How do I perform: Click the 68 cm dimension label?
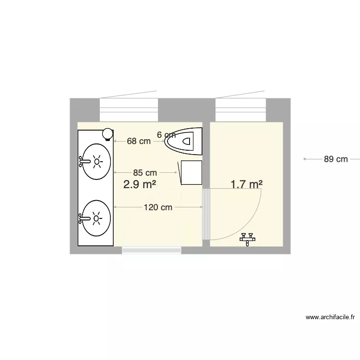click(x=139, y=141)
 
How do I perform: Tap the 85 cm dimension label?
click(x=145, y=172)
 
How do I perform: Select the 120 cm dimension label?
click(x=158, y=207)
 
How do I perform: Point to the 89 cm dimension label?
click(x=336, y=159)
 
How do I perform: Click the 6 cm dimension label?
click(x=166, y=135)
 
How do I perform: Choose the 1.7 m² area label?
click(x=246, y=184)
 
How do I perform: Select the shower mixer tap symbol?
click(x=248, y=238)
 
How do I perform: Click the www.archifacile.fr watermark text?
click(x=330, y=317)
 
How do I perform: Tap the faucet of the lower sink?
click(x=84, y=219)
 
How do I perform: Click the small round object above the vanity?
click(x=108, y=133)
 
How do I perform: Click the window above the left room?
click(x=129, y=110)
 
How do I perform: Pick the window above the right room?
click(x=240, y=110)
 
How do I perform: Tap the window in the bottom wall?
click(x=151, y=250)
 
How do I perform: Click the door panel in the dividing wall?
click(x=206, y=214)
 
